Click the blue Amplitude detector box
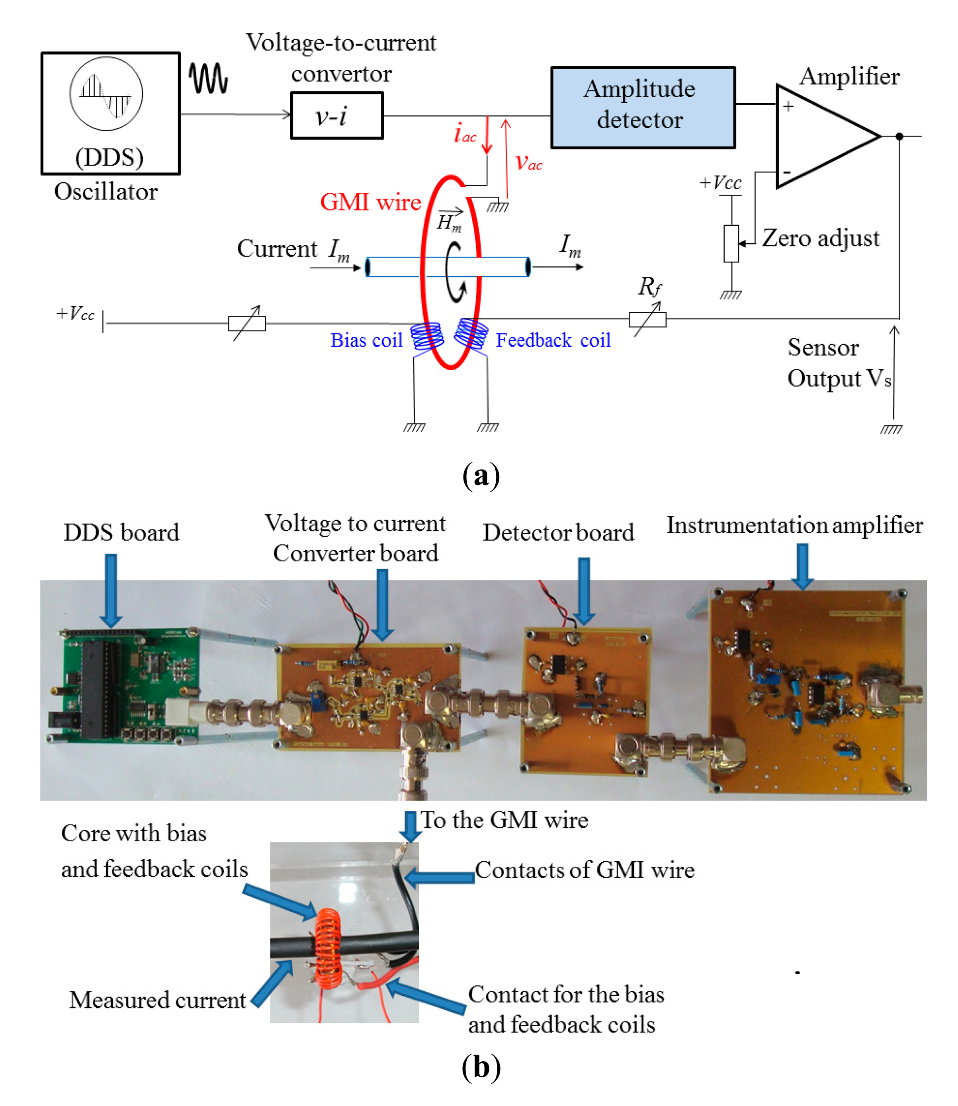point(643,107)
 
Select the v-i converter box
point(336,115)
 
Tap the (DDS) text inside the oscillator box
point(109,157)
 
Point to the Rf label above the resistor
point(649,287)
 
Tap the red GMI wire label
point(370,203)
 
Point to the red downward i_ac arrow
point(487,135)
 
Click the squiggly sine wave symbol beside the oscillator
point(209,78)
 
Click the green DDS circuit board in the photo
point(128,684)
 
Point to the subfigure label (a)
point(481,475)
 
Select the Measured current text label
point(158,1000)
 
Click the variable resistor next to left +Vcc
point(247,323)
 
